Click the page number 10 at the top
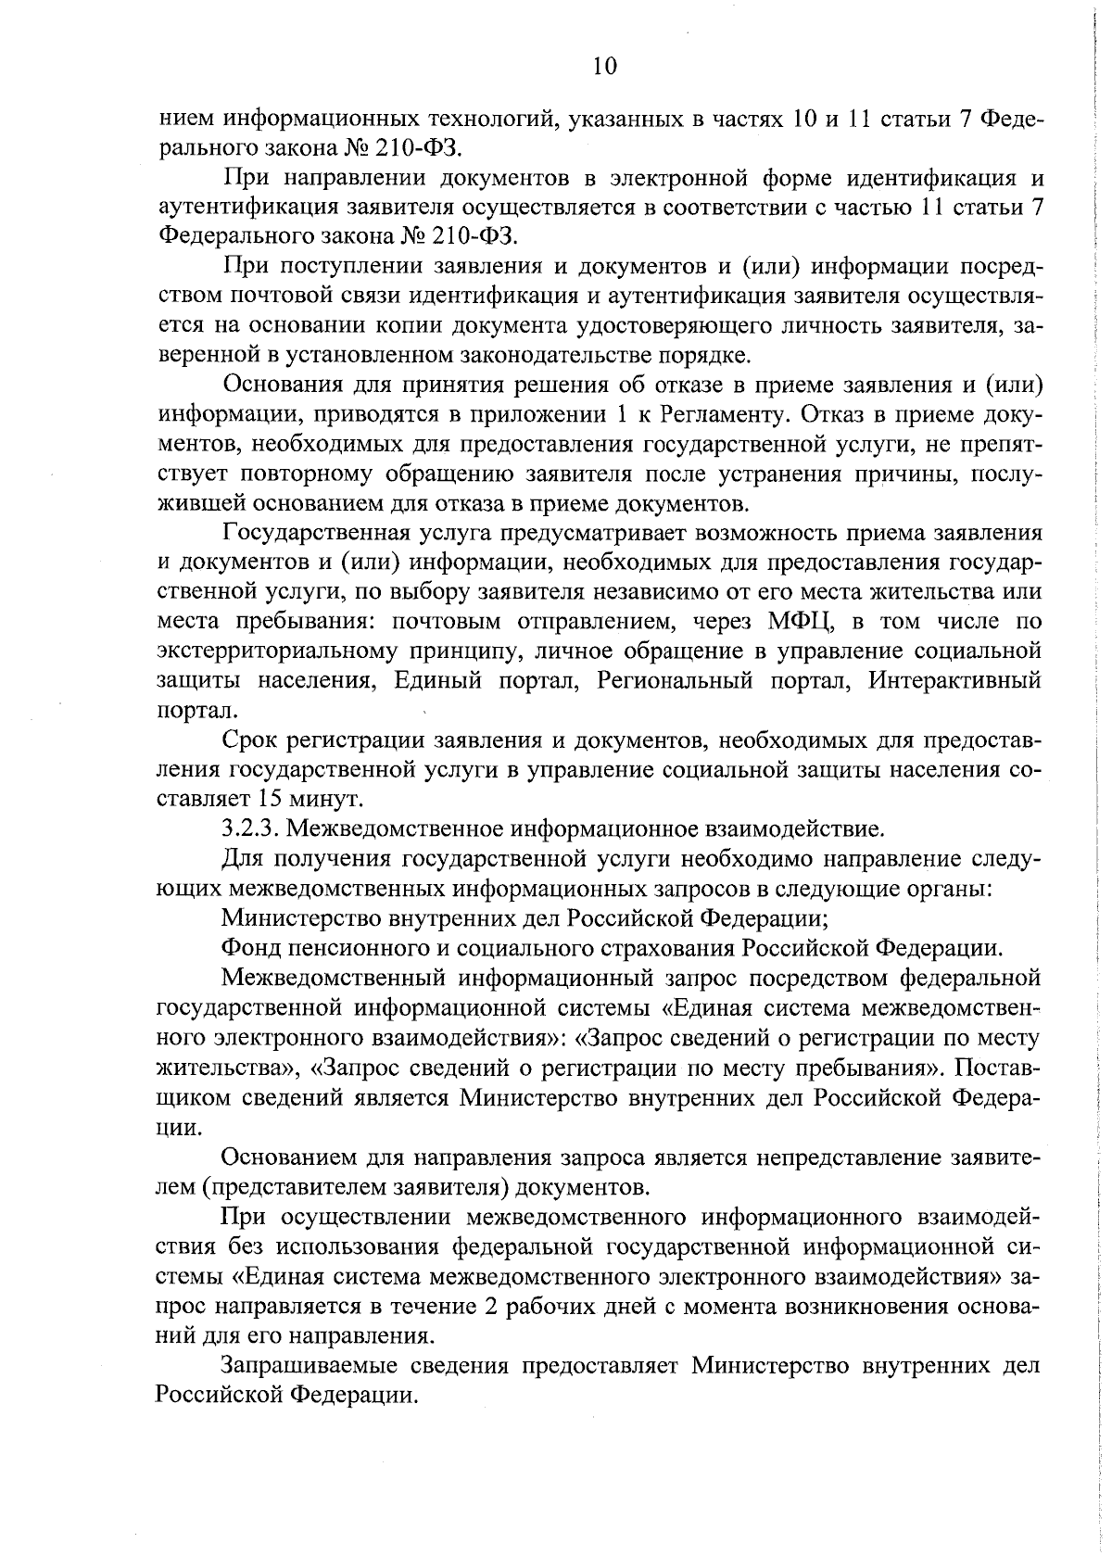pyautogui.click(x=601, y=66)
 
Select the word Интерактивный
pyautogui.click(x=955, y=680)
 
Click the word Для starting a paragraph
pyautogui.click(x=243, y=859)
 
